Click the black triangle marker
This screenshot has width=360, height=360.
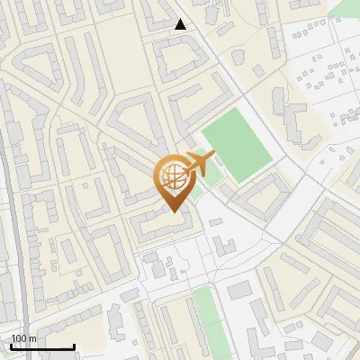click(181, 24)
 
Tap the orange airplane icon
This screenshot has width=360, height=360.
click(201, 164)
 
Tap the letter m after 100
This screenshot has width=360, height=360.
click(32, 338)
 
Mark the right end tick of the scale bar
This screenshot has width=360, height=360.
click(73, 346)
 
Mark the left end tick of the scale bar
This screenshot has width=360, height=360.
click(12, 346)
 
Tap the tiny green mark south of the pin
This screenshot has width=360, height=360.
click(183, 271)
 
